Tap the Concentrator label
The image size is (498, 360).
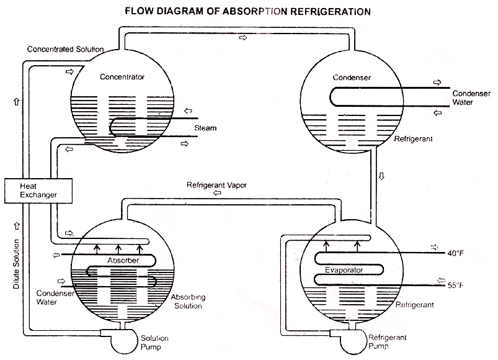122,77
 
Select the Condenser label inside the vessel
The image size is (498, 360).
352,78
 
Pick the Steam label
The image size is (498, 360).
205,128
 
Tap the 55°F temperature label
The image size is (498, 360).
456,286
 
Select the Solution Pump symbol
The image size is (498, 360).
117,339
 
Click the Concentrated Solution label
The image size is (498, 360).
65,49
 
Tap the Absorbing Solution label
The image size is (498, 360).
188,302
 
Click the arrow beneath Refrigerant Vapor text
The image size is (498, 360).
216,193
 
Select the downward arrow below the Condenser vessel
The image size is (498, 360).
381,176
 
